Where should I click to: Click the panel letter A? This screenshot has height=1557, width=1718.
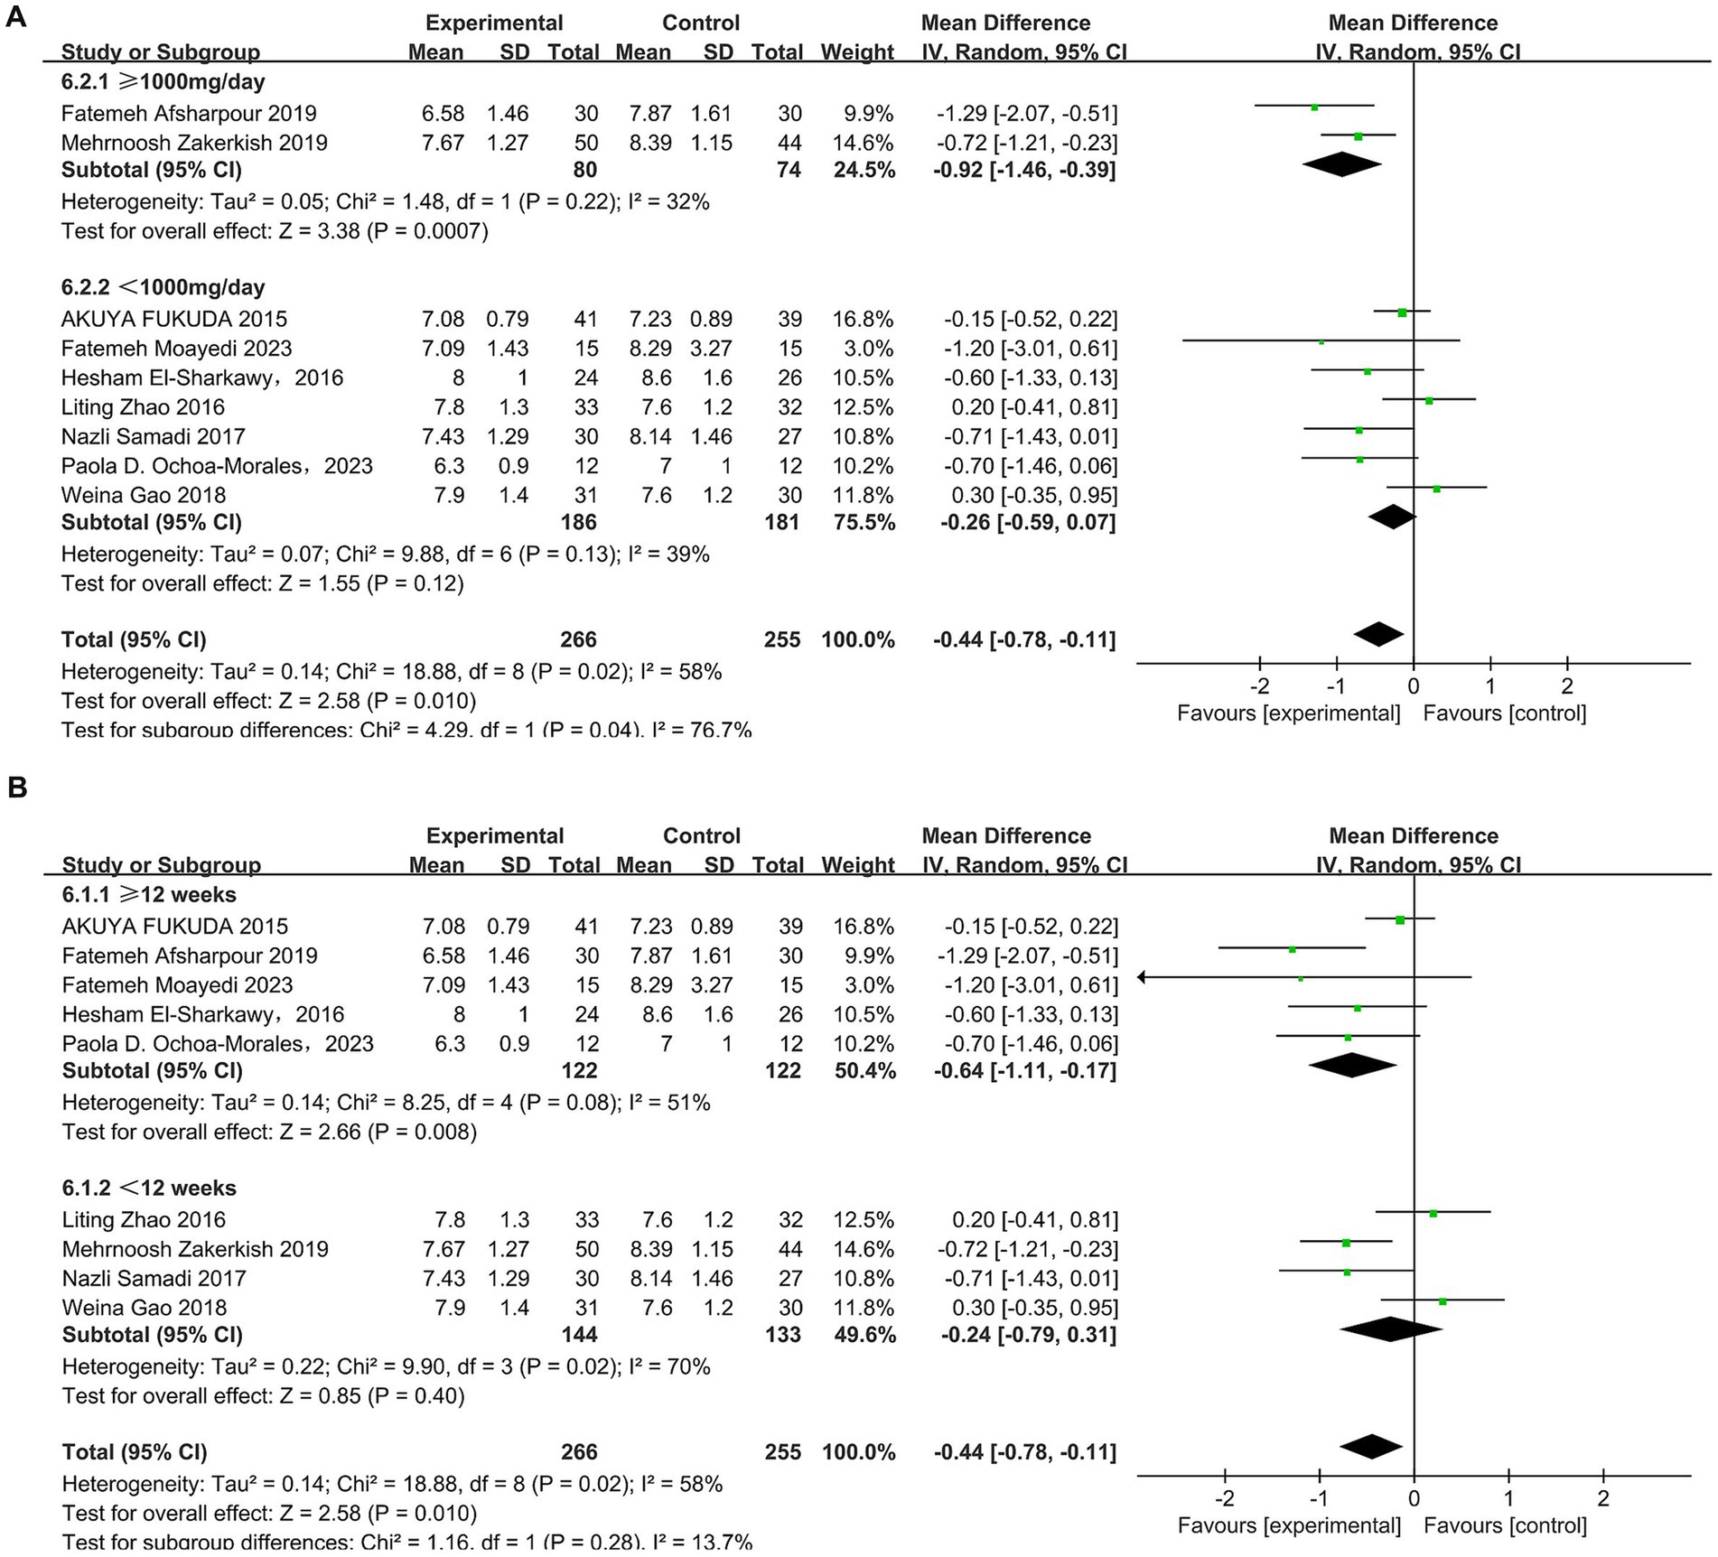click(x=15, y=17)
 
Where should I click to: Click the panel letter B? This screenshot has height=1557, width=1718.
click(x=16, y=788)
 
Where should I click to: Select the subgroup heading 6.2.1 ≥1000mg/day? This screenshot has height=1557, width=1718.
click(x=163, y=82)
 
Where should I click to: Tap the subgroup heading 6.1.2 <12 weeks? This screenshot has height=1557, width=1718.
click(x=149, y=1188)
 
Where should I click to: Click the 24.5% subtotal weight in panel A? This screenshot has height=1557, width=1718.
click(x=864, y=170)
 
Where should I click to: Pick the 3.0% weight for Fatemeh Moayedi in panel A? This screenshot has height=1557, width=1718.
click(x=874, y=349)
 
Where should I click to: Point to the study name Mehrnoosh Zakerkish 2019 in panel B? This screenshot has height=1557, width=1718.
click(x=195, y=1249)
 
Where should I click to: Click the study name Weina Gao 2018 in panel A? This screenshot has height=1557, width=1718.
click(x=144, y=495)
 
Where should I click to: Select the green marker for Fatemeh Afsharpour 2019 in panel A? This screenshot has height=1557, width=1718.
click(x=1314, y=107)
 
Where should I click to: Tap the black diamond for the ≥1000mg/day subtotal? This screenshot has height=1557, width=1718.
click(x=1341, y=164)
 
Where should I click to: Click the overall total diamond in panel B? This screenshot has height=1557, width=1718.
click(x=1371, y=1447)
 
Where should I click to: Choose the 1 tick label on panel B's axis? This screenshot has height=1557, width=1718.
click(x=1508, y=1499)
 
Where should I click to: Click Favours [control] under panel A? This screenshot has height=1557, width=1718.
click(x=1504, y=713)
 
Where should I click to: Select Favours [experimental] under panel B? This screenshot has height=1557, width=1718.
click(x=1289, y=1526)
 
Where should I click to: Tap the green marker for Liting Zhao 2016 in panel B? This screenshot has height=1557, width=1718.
click(x=1433, y=1213)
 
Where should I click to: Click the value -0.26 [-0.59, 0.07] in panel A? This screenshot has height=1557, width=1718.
click(x=1024, y=522)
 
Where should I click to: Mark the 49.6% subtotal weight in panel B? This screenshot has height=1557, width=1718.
click(x=865, y=1335)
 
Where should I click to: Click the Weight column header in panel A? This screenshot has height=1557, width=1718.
click(x=856, y=52)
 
